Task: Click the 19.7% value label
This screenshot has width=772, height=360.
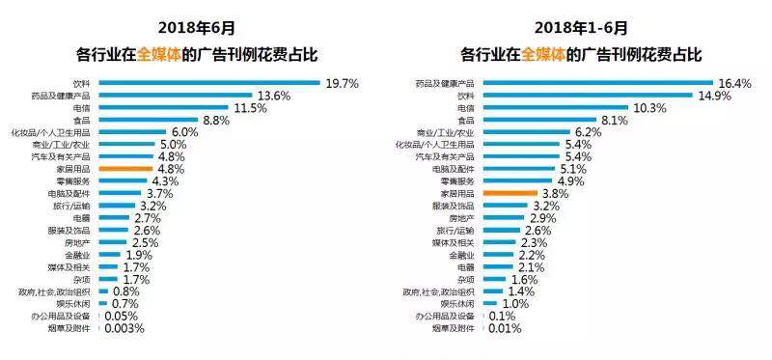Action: click(342, 84)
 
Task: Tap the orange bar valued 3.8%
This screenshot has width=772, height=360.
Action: click(501, 193)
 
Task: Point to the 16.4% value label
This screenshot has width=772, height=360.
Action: click(734, 84)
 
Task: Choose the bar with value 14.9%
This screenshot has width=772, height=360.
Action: click(587, 96)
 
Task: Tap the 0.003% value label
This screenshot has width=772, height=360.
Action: click(124, 328)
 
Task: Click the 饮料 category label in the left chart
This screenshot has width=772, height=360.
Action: click(82, 84)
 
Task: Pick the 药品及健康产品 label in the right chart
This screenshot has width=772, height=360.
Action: click(451, 84)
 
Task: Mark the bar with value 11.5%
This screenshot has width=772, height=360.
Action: click(161, 108)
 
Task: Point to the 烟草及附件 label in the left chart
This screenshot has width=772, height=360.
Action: click(70, 328)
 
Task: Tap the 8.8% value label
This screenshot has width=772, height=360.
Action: click(218, 120)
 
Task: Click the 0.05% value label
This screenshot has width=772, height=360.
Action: click(120, 316)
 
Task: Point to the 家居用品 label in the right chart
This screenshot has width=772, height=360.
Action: click(460, 193)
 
